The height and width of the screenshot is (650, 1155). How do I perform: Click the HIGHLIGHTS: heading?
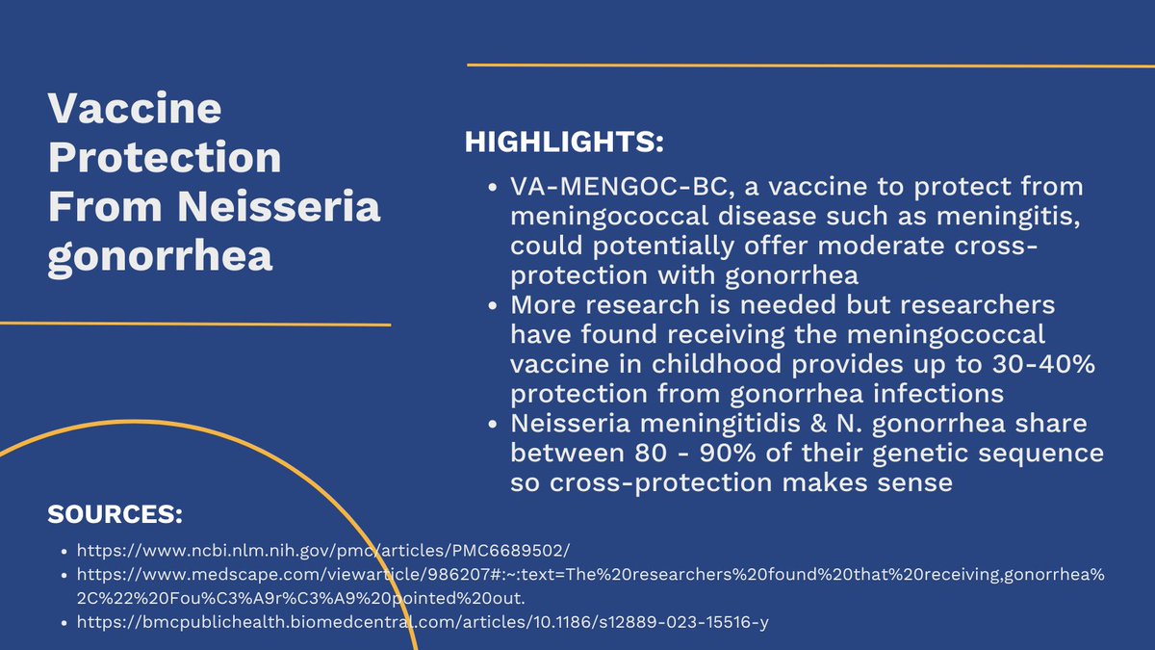click(x=564, y=143)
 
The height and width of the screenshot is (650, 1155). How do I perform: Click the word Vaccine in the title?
click(x=135, y=109)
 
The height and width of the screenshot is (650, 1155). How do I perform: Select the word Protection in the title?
click(x=165, y=158)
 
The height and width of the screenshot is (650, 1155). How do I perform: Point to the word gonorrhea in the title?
click(x=161, y=258)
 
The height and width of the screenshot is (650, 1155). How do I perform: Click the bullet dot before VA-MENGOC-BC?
click(x=493, y=187)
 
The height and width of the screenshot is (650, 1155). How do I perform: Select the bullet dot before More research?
click(x=493, y=305)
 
